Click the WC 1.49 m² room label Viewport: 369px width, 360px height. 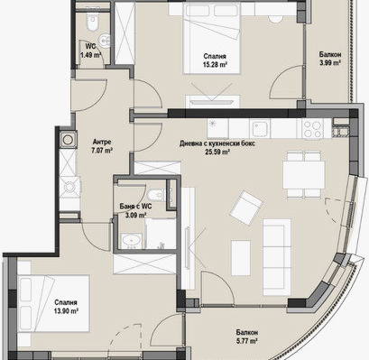pos(90,51)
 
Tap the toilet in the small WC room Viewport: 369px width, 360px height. pos(92,22)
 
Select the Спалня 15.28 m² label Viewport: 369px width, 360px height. pos(215,60)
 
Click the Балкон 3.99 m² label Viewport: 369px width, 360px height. pos(330,59)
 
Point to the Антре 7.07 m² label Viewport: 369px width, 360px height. pos(102,146)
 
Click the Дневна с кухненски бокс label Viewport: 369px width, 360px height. pos(217,143)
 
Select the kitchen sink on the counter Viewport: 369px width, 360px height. pos(260,128)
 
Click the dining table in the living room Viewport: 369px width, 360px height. pos(304,175)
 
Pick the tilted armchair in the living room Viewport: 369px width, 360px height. pos(246,208)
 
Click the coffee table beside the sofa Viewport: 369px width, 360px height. pos(241,257)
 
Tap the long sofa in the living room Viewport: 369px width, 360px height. pos(277,257)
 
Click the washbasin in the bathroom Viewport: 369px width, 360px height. pos(131,241)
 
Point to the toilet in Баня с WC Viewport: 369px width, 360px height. pos(155,195)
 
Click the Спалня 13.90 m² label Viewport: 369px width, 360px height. pos(66,307)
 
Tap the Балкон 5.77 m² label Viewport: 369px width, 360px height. pos(246,337)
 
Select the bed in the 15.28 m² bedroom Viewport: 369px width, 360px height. pos(212,39)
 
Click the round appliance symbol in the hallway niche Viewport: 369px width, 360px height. pos(68,140)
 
